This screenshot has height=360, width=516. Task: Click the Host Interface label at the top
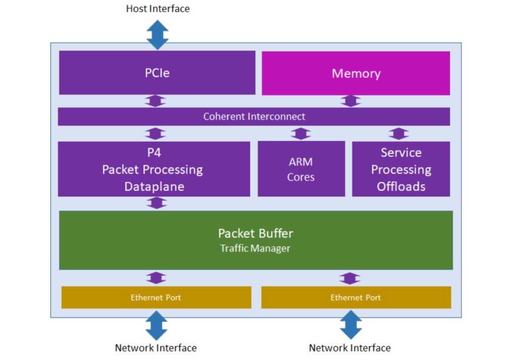(158, 9)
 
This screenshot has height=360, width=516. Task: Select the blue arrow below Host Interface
(158, 35)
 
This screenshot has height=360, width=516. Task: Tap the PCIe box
(157, 73)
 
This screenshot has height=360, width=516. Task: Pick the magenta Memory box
(356, 73)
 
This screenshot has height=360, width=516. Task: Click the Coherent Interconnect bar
(254, 116)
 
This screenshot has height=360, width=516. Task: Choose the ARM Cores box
(301, 169)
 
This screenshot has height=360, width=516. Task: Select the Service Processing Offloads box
(401, 169)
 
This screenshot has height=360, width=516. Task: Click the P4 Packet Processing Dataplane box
(154, 169)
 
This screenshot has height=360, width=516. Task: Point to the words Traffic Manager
(255, 249)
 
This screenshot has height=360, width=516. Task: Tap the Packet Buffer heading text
(255, 233)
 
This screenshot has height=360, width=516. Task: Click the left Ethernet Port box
(156, 297)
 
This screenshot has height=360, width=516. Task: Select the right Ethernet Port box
(356, 297)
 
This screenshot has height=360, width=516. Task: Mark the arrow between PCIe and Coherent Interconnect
(155, 101)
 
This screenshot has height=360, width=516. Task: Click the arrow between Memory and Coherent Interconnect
(351, 101)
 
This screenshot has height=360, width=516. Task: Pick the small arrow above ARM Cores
(301, 134)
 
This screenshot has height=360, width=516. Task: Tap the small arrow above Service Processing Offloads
(399, 134)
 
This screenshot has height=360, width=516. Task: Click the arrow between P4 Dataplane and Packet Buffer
(157, 203)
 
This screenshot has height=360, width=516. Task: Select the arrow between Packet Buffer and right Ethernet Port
(350, 278)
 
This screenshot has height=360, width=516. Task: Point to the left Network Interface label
(156, 348)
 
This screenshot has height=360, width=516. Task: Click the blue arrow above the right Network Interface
(351, 325)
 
